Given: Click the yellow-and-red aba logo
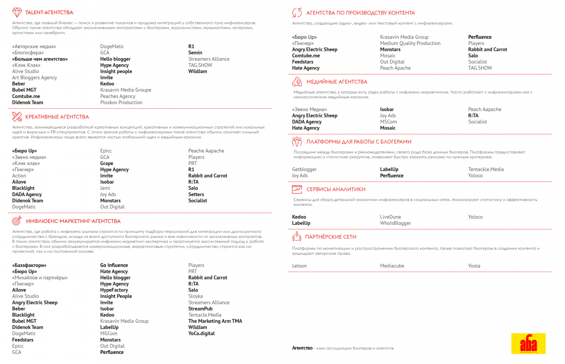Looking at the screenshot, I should click(x=528, y=343).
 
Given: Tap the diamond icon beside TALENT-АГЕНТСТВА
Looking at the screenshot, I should click(x=17, y=12).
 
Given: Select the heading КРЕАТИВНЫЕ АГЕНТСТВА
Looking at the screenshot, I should click(x=57, y=117).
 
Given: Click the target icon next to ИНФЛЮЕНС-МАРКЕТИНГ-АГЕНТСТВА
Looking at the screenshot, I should click(x=17, y=221).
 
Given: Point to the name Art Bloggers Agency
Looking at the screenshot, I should click(x=34, y=78).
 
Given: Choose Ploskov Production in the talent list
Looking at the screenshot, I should click(x=121, y=103).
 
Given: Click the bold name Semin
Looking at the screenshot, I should click(x=195, y=53).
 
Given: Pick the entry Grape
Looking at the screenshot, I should click(x=107, y=163).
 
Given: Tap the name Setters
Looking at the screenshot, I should click(x=196, y=195).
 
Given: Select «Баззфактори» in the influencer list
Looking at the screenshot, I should click(x=29, y=265).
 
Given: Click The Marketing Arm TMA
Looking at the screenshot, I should click(x=215, y=321).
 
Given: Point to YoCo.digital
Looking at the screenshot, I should click(x=202, y=334).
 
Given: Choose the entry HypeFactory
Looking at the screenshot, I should click(x=114, y=290).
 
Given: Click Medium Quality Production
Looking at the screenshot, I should click(x=410, y=43).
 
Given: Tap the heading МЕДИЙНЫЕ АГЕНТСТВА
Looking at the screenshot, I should click(x=337, y=82).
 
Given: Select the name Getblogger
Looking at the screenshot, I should click(x=304, y=169).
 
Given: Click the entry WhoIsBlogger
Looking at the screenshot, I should click(x=395, y=223).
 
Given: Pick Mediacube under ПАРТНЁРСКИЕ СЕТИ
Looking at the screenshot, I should click(x=392, y=266).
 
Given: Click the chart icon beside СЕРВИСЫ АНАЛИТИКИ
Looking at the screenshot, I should click(x=297, y=189).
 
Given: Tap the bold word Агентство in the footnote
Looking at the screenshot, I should click(x=302, y=348).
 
